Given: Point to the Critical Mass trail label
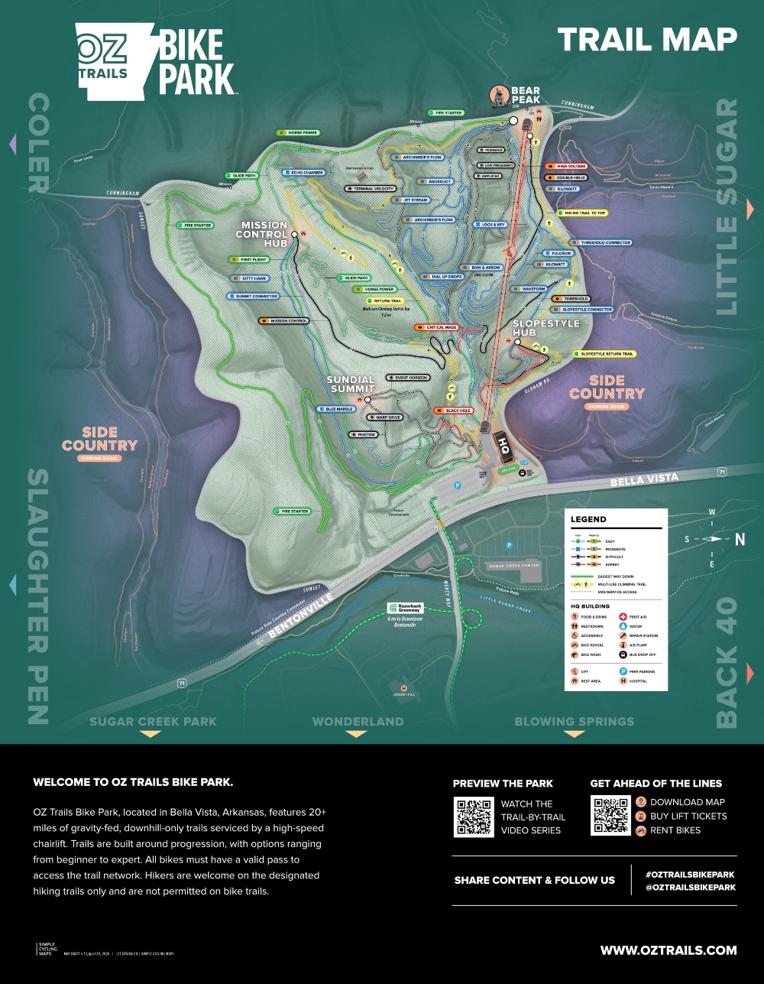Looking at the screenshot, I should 437,327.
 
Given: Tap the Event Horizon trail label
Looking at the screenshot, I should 408,378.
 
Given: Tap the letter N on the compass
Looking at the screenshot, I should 740,540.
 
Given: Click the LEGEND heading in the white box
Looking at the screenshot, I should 588,520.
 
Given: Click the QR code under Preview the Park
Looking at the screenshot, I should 474,816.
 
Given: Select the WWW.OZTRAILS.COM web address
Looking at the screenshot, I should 668,950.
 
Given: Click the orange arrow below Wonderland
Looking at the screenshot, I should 357,734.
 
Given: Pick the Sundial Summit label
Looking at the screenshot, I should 351,384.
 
